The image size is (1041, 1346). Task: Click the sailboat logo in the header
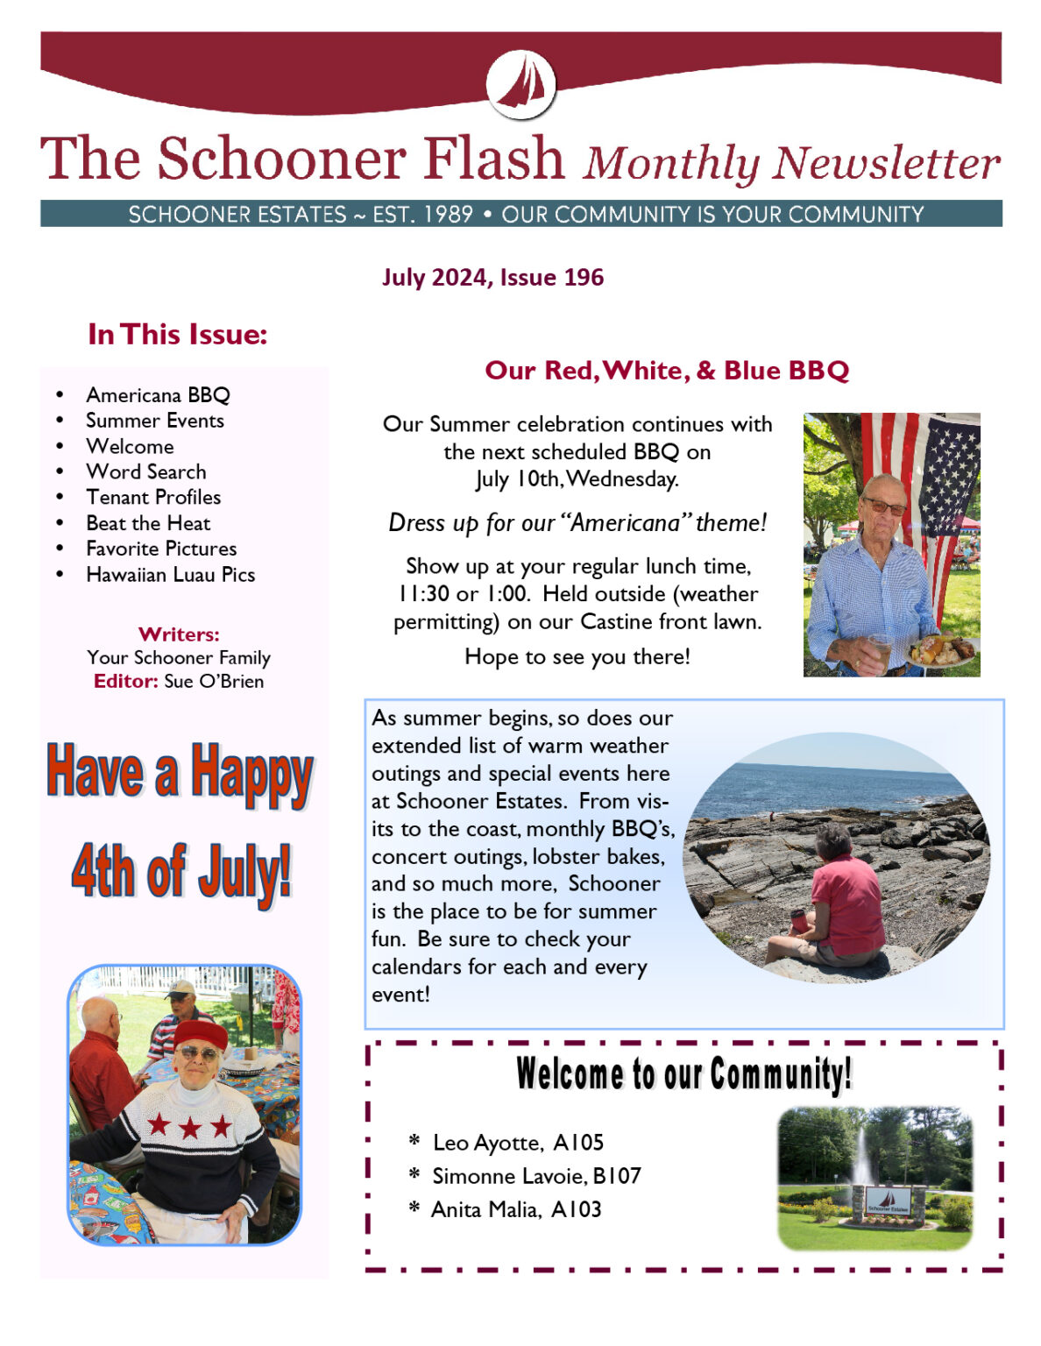click(520, 84)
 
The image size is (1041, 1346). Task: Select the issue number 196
click(584, 278)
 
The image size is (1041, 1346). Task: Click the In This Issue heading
click(177, 334)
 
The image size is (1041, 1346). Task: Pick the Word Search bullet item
click(146, 471)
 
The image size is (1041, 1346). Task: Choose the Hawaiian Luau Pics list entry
click(170, 575)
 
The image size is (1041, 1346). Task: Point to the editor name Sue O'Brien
click(214, 681)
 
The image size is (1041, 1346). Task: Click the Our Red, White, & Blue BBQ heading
click(667, 371)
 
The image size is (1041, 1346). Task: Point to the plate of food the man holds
click(942, 650)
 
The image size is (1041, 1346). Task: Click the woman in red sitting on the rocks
click(838, 903)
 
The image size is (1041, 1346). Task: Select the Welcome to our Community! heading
click(683, 1073)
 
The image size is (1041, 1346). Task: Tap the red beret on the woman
click(201, 1033)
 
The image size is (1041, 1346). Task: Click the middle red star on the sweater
click(190, 1127)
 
